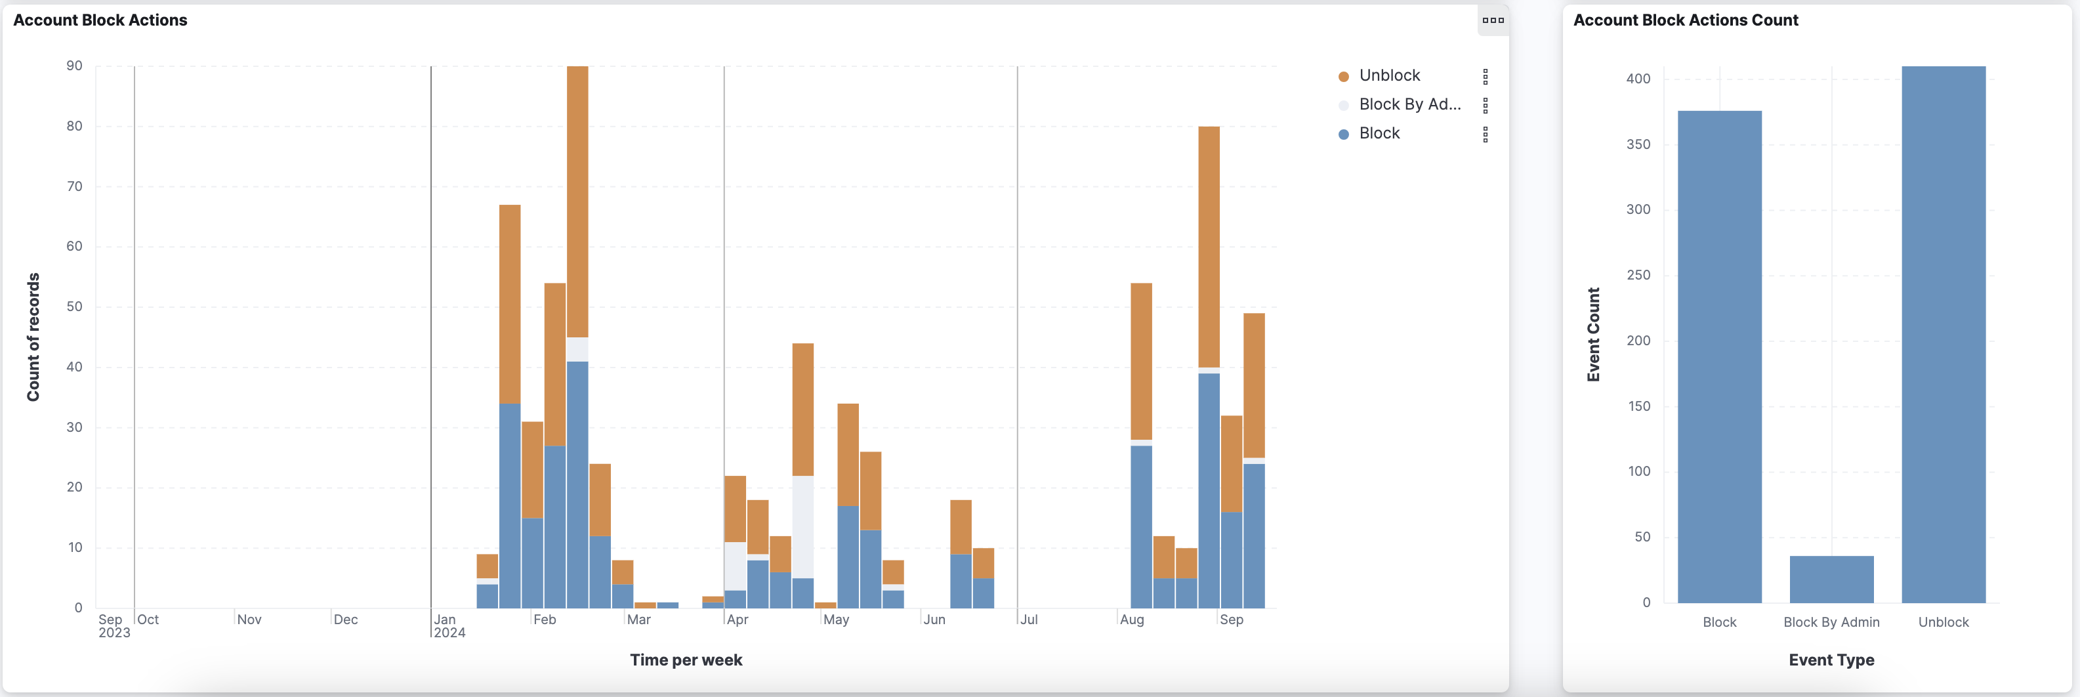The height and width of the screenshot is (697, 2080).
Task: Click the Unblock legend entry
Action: (x=1389, y=75)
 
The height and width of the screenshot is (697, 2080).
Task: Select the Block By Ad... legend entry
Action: (x=1409, y=104)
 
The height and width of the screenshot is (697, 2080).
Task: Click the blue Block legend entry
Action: (x=1379, y=133)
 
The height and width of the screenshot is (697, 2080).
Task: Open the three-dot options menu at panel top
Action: (x=1492, y=20)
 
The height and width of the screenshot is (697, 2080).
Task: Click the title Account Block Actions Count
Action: (x=1685, y=20)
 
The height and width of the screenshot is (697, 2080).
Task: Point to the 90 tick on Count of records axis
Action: (x=74, y=66)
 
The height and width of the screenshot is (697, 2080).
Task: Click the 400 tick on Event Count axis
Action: (x=1638, y=78)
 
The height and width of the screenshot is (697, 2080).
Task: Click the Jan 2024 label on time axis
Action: (x=449, y=626)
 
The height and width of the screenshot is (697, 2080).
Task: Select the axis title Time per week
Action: (x=686, y=660)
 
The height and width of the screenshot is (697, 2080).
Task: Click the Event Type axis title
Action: (x=1831, y=660)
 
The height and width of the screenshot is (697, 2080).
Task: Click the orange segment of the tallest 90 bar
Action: (x=577, y=202)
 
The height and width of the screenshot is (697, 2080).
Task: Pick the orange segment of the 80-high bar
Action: (x=1209, y=246)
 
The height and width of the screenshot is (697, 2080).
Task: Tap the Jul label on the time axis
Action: (x=1029, y=620)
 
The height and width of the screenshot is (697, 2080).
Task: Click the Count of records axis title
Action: (x=33, y=337)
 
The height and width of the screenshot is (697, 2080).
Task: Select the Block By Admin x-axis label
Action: (x=1831, y=622)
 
